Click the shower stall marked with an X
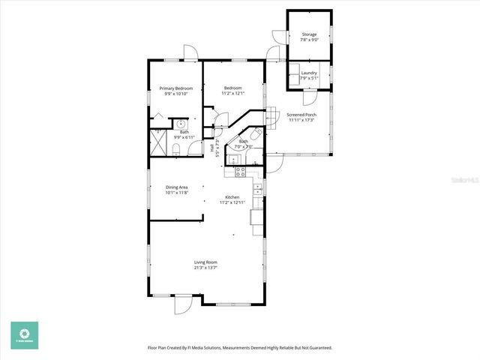click(x=159, y=142)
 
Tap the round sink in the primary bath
click(x=181, y=124)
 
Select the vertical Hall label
click(x=212, y=149)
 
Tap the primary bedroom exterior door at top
click(x=190, y=52)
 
